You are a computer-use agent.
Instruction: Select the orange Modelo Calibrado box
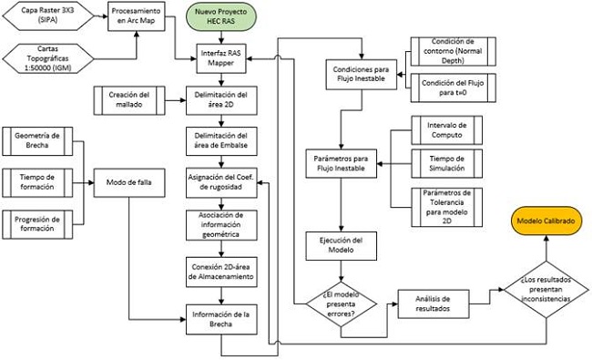pos(546,221)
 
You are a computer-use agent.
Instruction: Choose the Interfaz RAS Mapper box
pos(224,58)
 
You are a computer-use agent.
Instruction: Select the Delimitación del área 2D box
pos(224,98)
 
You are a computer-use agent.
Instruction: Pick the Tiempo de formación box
pos(41,180)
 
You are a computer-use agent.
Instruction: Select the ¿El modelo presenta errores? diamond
pos(340,300)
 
